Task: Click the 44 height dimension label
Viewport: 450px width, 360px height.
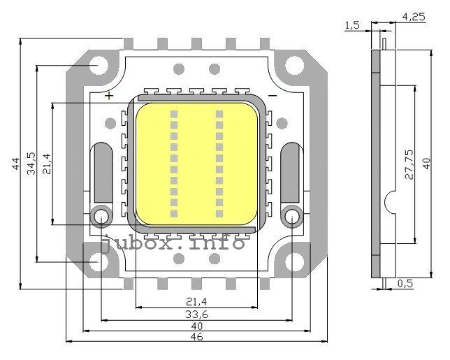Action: (16, 164)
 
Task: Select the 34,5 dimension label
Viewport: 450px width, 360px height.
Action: (31, 164)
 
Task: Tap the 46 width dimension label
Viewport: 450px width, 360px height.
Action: (196, 337)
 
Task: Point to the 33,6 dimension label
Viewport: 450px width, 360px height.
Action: (196, 315)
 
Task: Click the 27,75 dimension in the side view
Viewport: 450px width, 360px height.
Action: (409, 164)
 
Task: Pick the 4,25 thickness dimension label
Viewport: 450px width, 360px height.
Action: (413, 17)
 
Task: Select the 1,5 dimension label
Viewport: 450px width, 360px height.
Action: (352, 25)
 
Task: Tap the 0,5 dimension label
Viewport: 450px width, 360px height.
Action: (405, 284)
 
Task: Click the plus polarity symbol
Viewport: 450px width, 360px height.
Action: (109, 96)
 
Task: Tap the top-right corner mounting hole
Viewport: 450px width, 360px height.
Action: (294, 66)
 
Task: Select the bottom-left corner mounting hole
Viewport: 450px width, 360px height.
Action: (99, 262)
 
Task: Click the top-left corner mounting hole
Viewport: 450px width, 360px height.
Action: (99, 66)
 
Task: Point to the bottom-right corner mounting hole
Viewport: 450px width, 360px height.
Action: (294, 262)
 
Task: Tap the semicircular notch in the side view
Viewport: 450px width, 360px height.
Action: (390, 203)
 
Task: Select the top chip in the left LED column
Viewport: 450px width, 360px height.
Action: (174, 114)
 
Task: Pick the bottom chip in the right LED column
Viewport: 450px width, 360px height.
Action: (219, 213)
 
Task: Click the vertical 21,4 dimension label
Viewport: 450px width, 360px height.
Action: (47, 164)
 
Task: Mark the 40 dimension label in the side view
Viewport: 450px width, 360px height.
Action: (426, 164)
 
